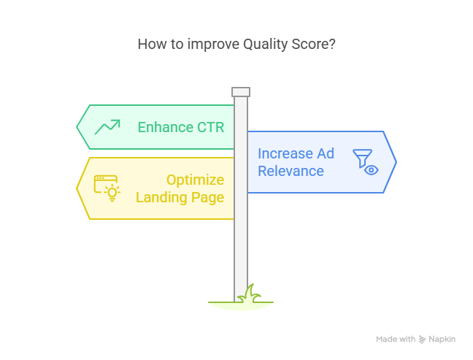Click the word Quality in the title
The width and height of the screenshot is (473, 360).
pos(266,45)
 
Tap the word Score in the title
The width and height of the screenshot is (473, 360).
pos(313,44)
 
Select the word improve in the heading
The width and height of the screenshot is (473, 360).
pos(213,45)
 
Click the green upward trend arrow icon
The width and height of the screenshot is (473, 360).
pos(107,127)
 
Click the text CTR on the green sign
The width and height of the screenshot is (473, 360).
pos(210,127)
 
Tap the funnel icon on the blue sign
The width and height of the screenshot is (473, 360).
pos(362,158)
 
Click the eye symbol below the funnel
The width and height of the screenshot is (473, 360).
pos(372,170)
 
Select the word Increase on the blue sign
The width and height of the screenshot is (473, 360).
pos(285,153)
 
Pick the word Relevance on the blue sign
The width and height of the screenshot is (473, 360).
pos(291,171)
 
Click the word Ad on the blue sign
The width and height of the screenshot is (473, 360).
pos(326,153)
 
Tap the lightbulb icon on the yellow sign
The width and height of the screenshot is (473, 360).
pos(112,193)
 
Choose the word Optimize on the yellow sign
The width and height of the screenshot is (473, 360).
pos(195,180)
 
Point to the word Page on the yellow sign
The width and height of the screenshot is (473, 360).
pos(207,198)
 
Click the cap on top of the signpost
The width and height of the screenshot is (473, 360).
pos(241,92)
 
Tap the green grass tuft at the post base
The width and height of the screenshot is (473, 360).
pos(250,294)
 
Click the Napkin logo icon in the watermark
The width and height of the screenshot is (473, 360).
pos(423,340)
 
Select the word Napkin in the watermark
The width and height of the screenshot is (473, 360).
pos(442,339)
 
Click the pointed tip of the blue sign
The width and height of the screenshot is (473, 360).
pos(396,162)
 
